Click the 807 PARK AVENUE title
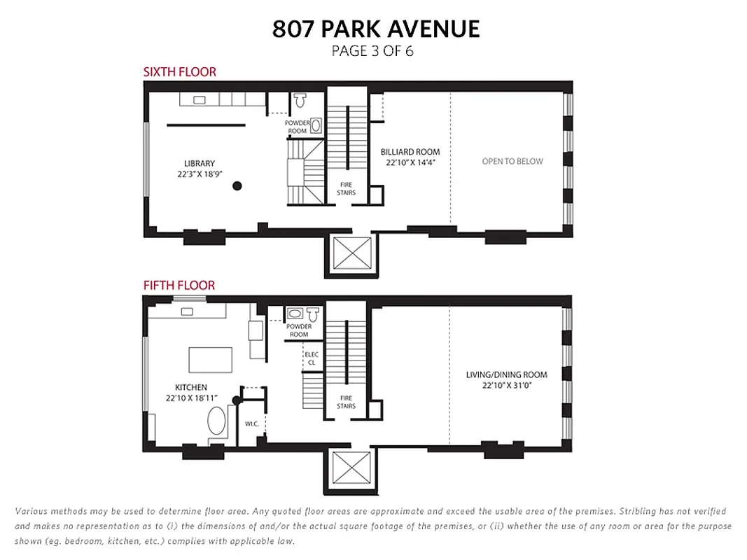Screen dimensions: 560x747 (376, 29)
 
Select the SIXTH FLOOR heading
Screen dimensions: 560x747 (179, 71)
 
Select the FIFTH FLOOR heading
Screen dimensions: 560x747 (179, 286)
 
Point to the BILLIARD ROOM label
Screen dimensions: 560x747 (410, 152)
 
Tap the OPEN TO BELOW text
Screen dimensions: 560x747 (512, 161)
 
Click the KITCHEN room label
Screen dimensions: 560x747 (191, 387)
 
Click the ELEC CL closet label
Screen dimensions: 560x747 (311, 358)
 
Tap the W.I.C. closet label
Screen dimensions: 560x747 (252, 423)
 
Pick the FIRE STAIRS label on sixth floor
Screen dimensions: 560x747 (347, 188)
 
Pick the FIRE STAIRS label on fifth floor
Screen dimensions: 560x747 (346, 402)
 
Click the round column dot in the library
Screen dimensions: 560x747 (237, 185)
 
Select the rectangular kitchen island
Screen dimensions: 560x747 (210, 360)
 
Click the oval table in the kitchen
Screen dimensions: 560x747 (216, 423)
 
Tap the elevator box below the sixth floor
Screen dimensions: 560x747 (350, 253)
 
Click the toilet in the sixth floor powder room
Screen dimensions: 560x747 (301, 101)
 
